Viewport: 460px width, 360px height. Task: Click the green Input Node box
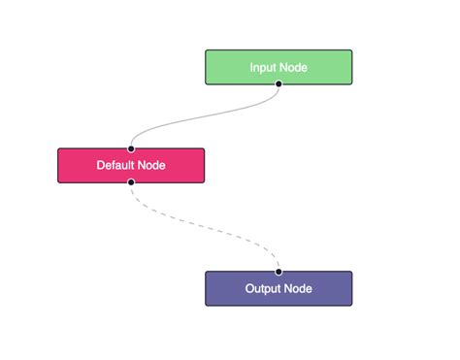[279, 67]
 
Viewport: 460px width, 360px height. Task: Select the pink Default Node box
[131, 165]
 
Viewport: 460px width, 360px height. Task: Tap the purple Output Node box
[279, 288]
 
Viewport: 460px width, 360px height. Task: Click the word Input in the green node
[263, 67]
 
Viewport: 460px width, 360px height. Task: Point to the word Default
[115, 165]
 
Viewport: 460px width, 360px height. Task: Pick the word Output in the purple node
[260, 288]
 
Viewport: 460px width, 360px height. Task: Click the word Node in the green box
[293, 67]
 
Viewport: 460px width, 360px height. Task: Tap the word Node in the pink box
[151, 165]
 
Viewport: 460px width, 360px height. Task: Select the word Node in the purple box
[297, 288]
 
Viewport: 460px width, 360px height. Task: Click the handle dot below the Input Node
[279, 83]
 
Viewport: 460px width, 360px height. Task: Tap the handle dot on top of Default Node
[131, 148]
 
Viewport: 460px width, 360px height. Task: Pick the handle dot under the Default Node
[131, 181]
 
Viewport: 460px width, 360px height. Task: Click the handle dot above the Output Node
[279, 272]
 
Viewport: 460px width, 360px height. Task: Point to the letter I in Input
[251, 67]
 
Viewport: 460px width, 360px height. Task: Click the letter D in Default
[100, 165]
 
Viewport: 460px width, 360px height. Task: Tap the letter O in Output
[248, 288]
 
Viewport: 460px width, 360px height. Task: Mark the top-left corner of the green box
[206, 50]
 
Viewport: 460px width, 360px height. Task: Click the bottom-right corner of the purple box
[351, 305]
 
